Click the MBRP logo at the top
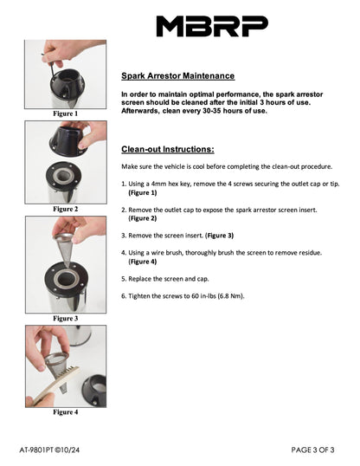click(212, 26)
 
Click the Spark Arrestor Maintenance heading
click(178, 75)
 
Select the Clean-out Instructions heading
click(168, 149)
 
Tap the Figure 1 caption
click(66, 113)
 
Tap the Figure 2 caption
click(66, 209)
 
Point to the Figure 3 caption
click(66, 318)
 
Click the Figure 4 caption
click(66, 412)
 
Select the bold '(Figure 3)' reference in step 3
click(219, 236)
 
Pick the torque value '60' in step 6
click(195, 296)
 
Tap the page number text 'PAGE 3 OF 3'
click(312, 450)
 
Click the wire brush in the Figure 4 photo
click(54, 385)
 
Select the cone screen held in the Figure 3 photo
click(64, 249)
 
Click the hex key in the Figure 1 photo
click(50, 68)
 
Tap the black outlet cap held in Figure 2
click(67, 140)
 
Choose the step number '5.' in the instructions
click(124, 279)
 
